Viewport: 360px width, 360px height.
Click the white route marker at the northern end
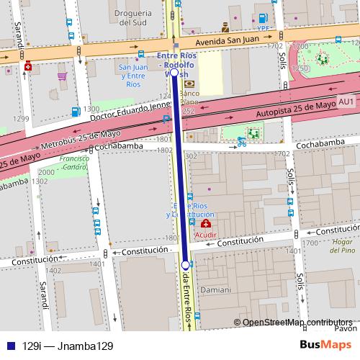[174, 73]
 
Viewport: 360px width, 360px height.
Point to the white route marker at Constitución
[186, 265]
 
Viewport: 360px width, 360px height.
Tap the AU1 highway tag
[346, 102]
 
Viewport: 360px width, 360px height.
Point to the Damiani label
[216, 290]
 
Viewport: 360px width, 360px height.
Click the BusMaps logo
[325, 345]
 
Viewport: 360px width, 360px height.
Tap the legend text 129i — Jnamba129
[68, 346]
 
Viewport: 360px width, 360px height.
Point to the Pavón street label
[348, 328]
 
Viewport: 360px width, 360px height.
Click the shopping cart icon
[63, 75]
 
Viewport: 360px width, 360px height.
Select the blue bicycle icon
[242, 142]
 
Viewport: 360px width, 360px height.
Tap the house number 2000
[45, 172]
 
